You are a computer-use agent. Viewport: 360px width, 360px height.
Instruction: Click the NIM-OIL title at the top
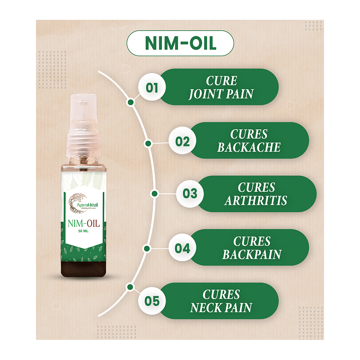point(181,43)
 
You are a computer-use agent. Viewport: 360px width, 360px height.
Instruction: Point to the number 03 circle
point(190,194)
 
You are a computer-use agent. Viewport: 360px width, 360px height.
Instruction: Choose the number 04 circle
point(182,248)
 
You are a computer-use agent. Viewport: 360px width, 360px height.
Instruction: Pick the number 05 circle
point(152,301)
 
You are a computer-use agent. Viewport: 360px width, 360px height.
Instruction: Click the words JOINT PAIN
point(221,94)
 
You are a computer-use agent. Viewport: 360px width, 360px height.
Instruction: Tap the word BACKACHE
point(249,147)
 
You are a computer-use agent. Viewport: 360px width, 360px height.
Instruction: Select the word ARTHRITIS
point(256,201)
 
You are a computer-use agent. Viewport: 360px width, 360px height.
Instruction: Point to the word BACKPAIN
point(252,255)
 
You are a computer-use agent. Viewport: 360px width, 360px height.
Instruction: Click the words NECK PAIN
point(221,308)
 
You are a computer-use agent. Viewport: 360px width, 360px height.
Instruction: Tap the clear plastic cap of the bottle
point(84,125)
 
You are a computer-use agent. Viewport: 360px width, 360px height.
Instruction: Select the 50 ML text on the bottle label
point(84,231)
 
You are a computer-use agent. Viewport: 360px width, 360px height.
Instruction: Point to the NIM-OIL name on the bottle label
point(84,223)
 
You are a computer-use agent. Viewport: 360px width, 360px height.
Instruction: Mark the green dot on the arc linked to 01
point(131,102)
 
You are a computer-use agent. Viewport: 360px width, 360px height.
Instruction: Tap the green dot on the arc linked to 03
point(155,194)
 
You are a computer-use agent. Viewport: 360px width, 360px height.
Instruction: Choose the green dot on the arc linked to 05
point(130,287)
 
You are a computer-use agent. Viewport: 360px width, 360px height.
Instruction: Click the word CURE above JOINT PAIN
point(221,81)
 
